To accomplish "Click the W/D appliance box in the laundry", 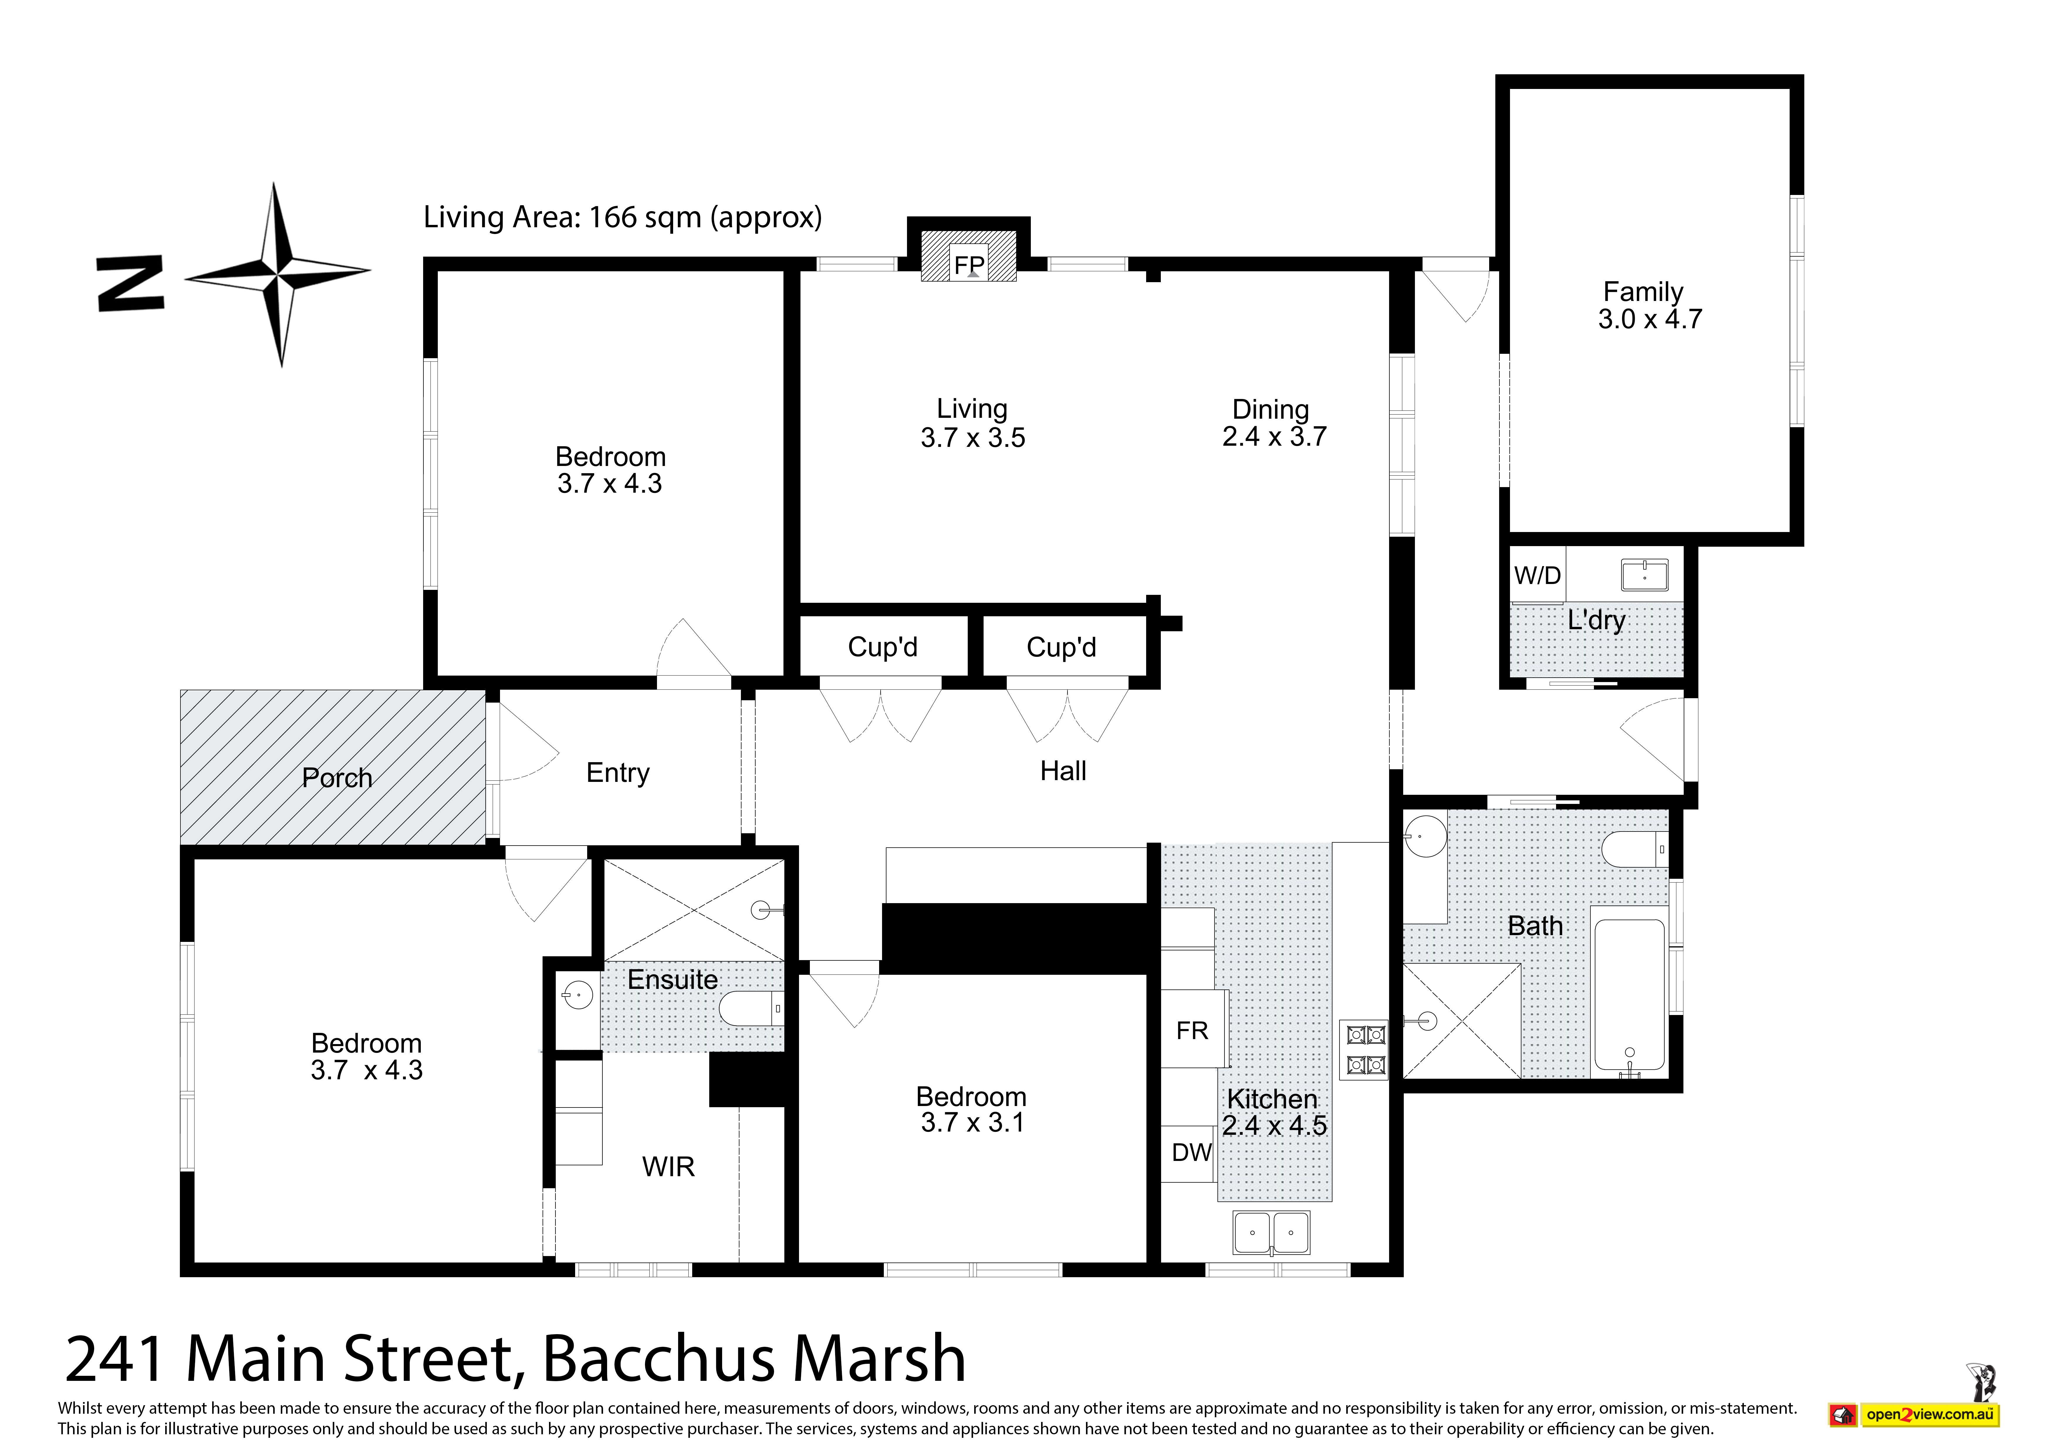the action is tap(1538, 575).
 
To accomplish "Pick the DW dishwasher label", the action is tap(1192, 1153).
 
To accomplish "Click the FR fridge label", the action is tap(1192, 1031).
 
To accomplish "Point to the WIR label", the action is tap(668, 1167).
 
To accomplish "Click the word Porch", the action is tap(337, 778).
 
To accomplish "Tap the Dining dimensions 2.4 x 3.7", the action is tap(1274, 437).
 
